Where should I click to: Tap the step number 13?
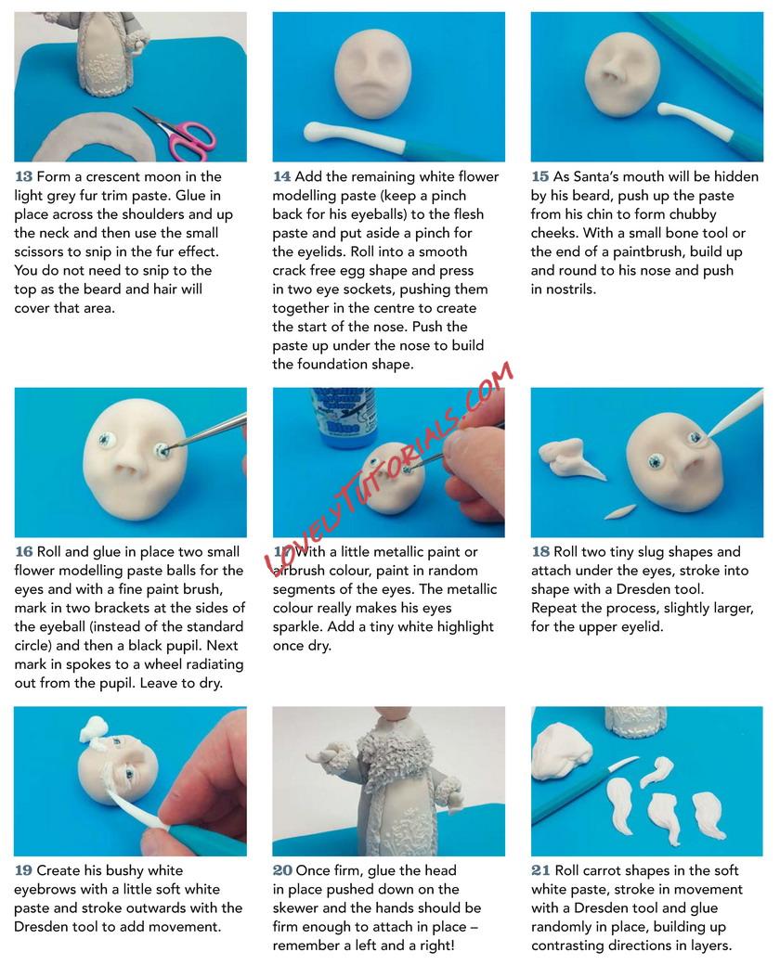[23, 176]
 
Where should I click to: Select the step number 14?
[281, 176]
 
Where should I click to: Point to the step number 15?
[539, 176]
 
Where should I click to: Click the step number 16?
[24, 552]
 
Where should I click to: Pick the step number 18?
[540, 552]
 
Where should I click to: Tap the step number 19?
[23, 871]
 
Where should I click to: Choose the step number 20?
[283, 871]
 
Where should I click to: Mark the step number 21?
[540, 871]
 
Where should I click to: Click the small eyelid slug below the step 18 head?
[619, 511]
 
